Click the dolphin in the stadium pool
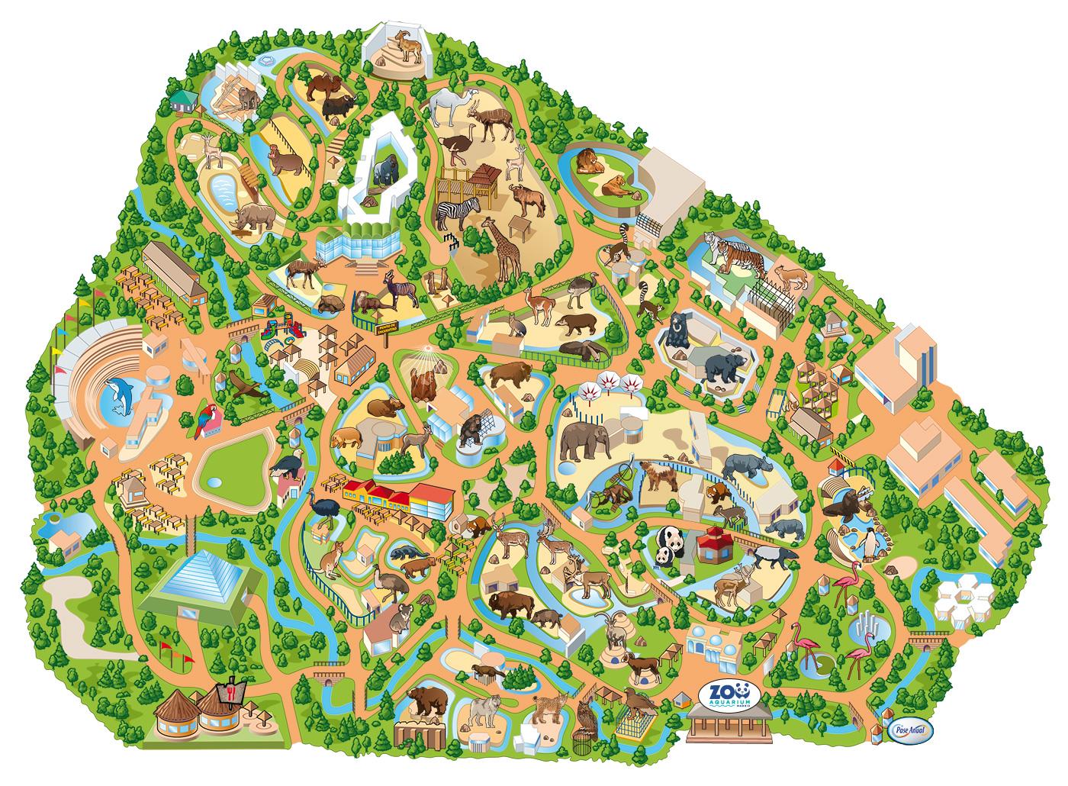pyautogui.click(x=121, y=398)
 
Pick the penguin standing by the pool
pyautogui.click(x=869, y=543)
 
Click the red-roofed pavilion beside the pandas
pyautogui.click(x=715, y=544)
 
